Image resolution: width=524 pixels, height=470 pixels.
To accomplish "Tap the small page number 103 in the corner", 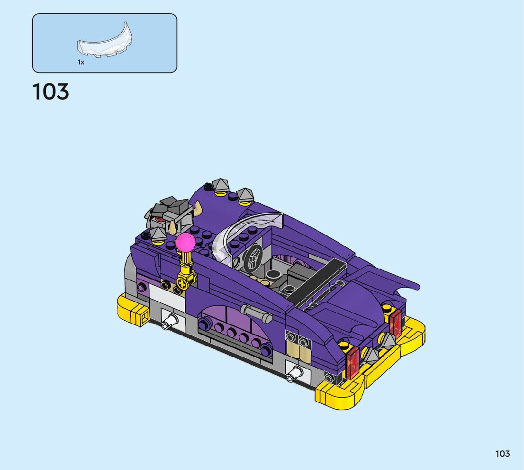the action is pos(502,453).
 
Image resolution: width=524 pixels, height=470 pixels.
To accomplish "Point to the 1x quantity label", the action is pos(81,62).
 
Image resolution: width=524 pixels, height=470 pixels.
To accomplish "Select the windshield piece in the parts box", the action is pos(105,42).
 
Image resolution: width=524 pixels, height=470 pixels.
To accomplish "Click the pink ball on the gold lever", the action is pos(185,243).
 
